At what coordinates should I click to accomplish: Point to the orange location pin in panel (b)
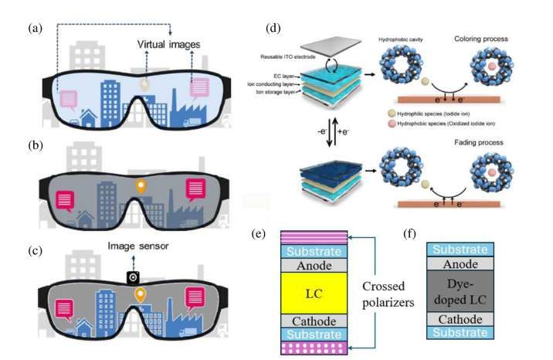point(140,187)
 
